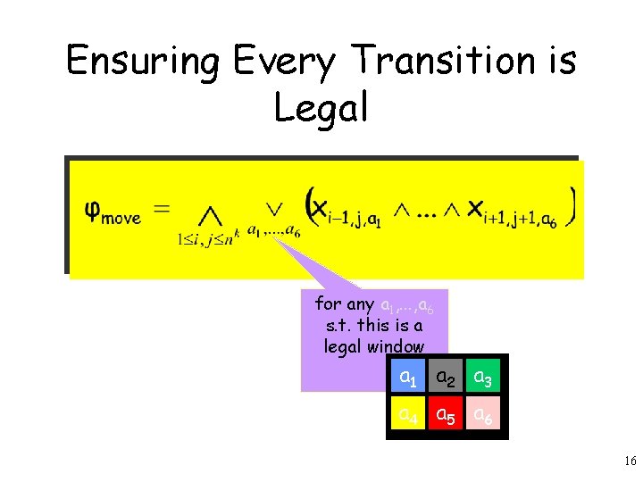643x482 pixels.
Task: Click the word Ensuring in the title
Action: pyautogui.click(x=143, y=62)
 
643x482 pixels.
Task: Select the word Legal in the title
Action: pyautogui.click(x=321, y=108)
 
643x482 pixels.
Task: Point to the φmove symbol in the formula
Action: pyautogui.click(x=112, y=212)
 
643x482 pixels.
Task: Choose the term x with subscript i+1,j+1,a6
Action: pyautogui.click(x=513, y=212)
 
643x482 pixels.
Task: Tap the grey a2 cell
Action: pyautogui.click(x=447, y=378)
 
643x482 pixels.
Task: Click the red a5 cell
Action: pyautogui.click(x=447, y=416)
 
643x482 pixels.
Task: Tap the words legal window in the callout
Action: pyautogui.click(x=374, y=345)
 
